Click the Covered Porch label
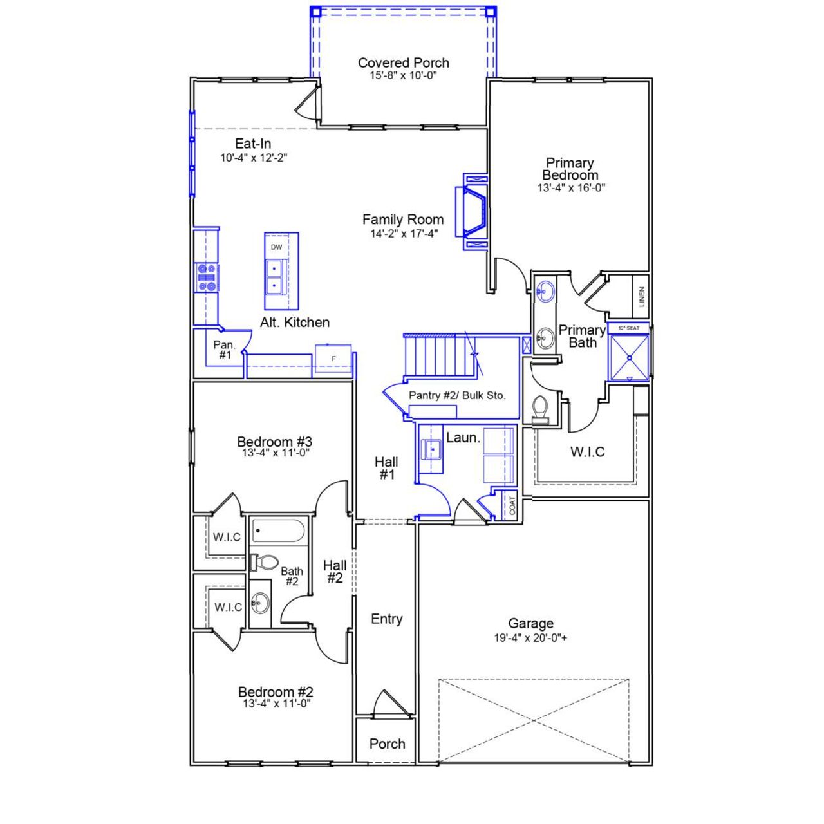point(403,63)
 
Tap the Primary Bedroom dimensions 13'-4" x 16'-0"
point(571,188)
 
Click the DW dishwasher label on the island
point(276,247)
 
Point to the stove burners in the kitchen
point(207,277)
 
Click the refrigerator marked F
point(333,359)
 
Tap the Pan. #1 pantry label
point(224,350)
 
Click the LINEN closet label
point(641,297)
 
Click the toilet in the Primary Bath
point(540,409)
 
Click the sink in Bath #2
point(260,603)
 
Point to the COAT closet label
point(512,505)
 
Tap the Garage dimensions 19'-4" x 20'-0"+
point(530,639)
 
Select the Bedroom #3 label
point(274,442)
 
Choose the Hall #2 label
point(335,572)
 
